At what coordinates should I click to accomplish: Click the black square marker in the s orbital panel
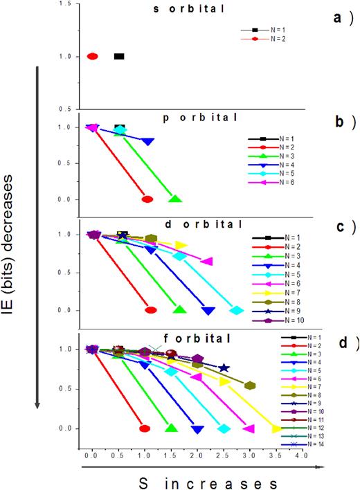click(119, 56)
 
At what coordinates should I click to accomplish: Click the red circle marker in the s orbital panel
click(92, 56)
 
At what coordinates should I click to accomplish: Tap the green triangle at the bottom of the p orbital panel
click(175, 199)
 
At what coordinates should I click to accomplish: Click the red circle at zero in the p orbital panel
click(147, 199)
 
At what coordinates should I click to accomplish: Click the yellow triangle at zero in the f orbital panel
click(276, 429)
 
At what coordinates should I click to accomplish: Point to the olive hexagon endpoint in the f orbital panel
click(250, 385)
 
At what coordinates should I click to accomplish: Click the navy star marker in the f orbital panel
click(224, 368)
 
